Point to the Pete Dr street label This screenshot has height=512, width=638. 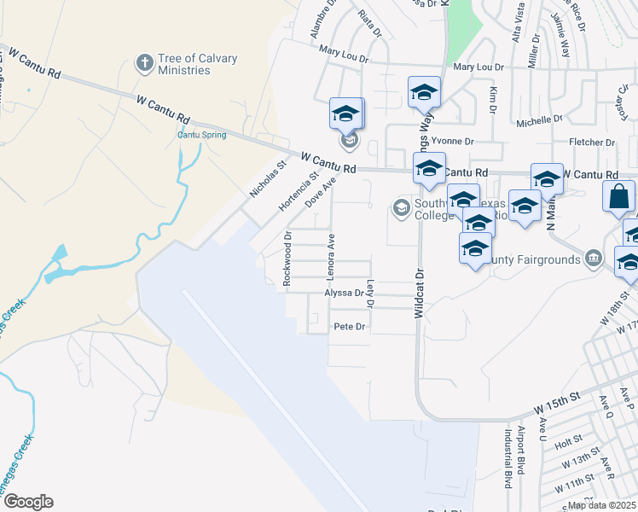click(349, 327)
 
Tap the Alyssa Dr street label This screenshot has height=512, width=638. click(344, 293)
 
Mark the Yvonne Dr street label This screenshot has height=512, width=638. click(452, 141)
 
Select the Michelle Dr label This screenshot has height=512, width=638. click(539, 121)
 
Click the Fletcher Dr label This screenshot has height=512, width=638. click(592, 142)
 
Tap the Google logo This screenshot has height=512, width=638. click(27, 502)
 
